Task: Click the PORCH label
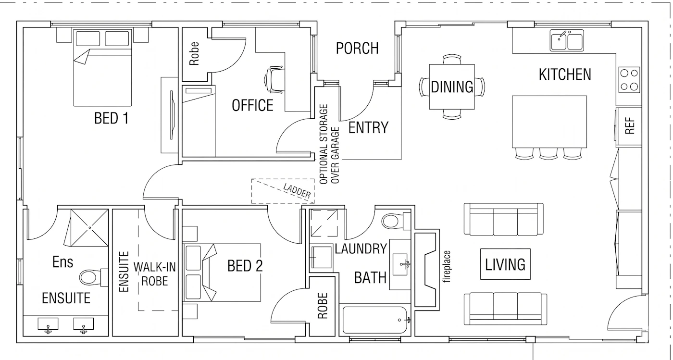357,49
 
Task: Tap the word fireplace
447,267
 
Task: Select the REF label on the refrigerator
630,125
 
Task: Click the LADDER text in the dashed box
297,191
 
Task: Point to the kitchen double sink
567,40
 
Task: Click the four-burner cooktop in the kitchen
629,80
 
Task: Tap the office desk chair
274,80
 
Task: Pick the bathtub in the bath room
375,320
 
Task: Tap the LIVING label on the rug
505,264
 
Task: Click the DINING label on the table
452,87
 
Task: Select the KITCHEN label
565,74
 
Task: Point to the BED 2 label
245,266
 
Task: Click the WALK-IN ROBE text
154,274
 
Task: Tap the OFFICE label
252,105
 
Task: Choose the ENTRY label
368,127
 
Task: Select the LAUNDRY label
361,249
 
